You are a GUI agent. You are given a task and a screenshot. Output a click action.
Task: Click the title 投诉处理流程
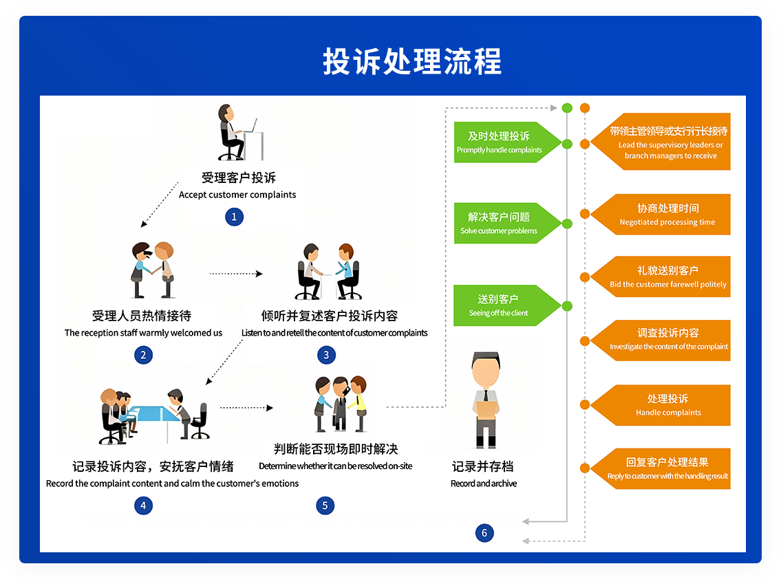pos(412,62)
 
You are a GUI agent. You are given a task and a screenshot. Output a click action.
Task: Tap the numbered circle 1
pos(234,217)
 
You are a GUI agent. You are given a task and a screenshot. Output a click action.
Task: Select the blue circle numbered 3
pos(326,355)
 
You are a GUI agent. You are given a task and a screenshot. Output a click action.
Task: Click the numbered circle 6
pos(484,532)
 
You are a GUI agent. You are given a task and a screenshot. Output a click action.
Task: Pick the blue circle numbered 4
pos(143,506)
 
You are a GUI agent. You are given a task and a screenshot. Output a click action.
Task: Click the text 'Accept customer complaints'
pos(237,195)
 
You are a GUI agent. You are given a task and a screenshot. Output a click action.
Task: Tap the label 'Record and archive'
pos(484,484)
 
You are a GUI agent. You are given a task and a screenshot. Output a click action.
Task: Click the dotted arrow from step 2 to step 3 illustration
pos(236,274)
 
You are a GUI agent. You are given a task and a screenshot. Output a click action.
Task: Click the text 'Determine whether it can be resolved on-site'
pos(336,466)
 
